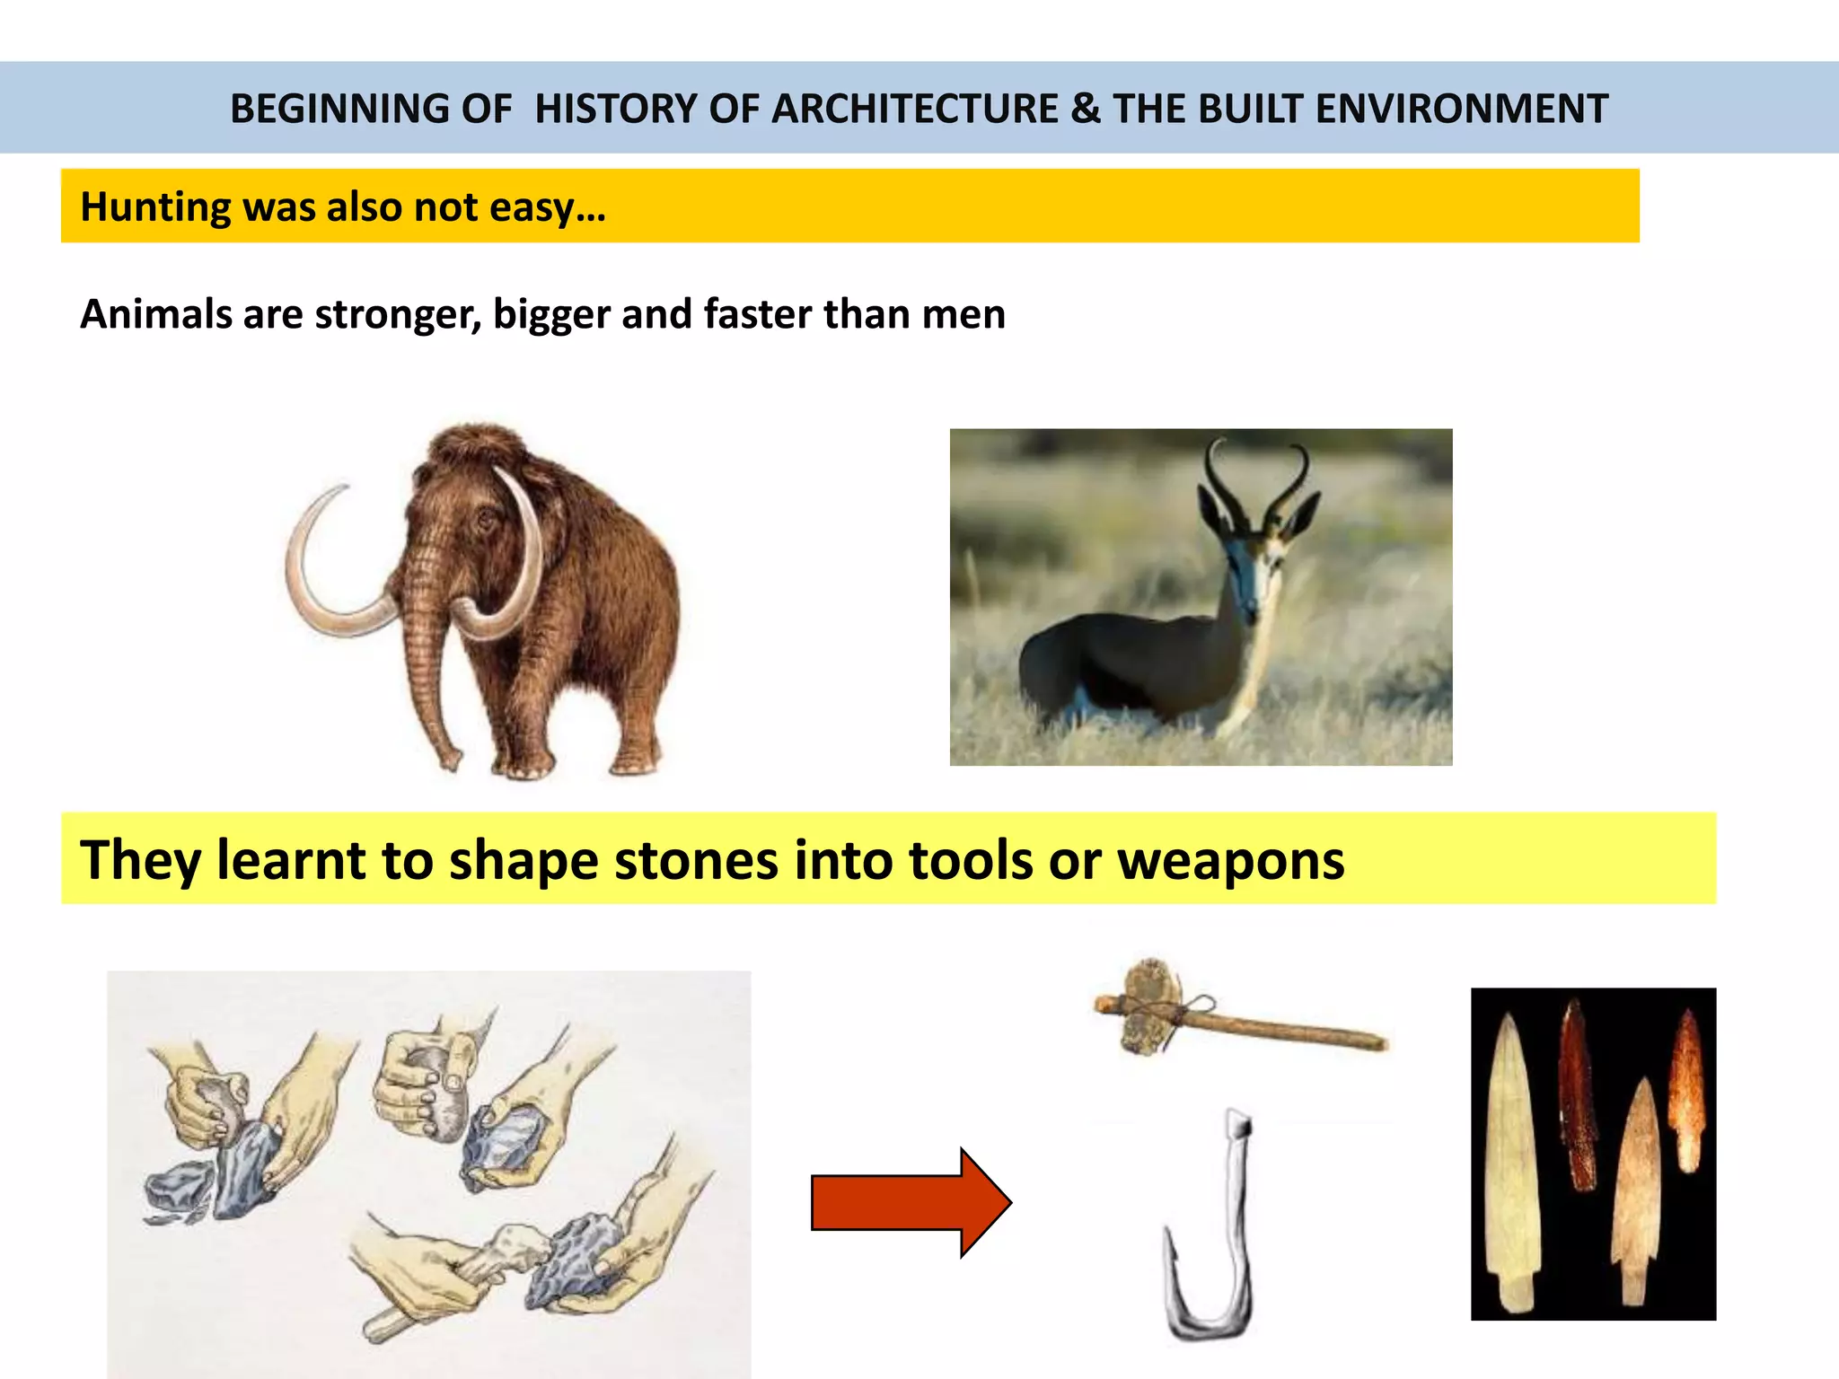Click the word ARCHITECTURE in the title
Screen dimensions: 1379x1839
tap(914, 109)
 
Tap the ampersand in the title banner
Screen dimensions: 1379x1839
tap(1085, 109)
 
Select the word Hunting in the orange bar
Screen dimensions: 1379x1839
tap(154, 207)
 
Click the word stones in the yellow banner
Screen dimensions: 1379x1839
tap(696, 860)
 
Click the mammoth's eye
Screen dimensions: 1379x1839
tap(486, 519)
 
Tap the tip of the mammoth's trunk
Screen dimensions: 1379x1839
tap(448, 764)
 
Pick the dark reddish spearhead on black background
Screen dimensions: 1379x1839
tap(1579, 1095)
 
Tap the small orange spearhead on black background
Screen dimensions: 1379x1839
tap(1688, 1091)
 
